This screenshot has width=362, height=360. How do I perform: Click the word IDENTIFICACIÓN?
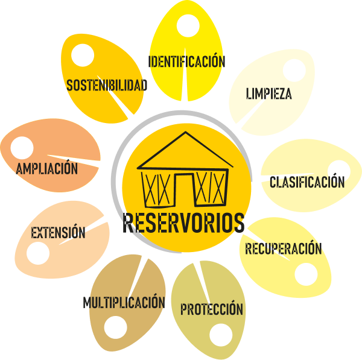click(x=186, y=62)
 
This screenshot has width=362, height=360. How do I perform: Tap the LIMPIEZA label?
click(x=269, y=94)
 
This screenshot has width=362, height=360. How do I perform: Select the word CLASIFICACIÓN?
click(x=307, y=182)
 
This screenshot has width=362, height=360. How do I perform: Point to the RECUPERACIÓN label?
click(x=283, y=248)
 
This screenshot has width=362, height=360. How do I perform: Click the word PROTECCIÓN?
click(x=212, y=309)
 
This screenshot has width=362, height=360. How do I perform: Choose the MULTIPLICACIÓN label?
click(x=124, y=302)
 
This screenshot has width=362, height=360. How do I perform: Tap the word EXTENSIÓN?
click(x=58, y=232)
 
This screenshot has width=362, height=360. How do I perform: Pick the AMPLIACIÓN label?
click(x=47, y=168)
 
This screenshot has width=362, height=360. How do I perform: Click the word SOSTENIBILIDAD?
click(x=107, y=86)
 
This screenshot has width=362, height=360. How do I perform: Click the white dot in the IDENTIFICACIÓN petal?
click(x=188, y=26)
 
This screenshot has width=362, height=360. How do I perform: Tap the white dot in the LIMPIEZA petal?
click(x=293, y=70)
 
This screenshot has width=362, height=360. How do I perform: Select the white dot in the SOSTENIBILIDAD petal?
click(x=83, y=55)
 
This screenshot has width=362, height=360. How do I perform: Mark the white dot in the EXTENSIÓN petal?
click(x=39, y=253)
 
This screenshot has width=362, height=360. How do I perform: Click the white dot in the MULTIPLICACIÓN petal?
click(x=115, y=327)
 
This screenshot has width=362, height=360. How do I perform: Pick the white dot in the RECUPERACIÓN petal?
click(x=306, y=274)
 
